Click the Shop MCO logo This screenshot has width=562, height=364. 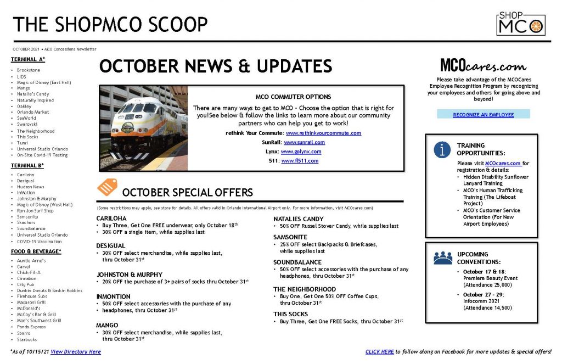click(521, 23)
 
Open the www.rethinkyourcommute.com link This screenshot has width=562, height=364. click(323, 133)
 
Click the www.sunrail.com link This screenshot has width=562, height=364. click(304, 142)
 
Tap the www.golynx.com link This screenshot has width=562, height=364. click(301, 152)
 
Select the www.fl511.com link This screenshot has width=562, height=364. click(300, 161)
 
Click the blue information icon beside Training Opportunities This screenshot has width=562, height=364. click(442, 149)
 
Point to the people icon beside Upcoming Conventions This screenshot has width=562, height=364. click(443, 258)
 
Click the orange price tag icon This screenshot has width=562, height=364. click(107, 187)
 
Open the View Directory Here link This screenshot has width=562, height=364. click(76, 352)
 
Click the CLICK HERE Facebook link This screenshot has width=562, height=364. click(380, 352)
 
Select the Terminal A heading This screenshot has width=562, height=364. click(28, 59)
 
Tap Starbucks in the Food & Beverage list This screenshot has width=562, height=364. click(27, 340)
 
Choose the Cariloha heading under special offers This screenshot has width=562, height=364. click(111, 219)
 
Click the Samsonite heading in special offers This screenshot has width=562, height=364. click(290, 237)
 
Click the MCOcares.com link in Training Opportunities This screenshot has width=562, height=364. click(503, 164)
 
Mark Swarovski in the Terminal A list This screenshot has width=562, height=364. click(27, 125)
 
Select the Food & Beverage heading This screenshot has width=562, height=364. click(36, 252)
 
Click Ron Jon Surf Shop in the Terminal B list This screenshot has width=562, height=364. click(35, 211)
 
